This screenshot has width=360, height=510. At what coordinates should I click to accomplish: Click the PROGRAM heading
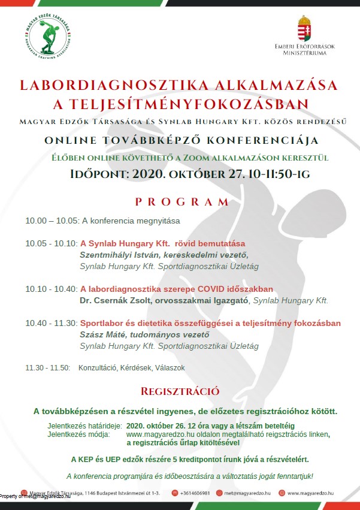coord(182,202)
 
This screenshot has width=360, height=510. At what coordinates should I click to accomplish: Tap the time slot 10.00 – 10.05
coord(52,221)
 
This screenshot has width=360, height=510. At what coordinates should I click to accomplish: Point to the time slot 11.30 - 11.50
coord(47,367)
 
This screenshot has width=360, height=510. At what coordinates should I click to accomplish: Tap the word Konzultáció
coord(99,367)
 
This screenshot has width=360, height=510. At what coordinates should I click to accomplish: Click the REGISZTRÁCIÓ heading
coord(180,392)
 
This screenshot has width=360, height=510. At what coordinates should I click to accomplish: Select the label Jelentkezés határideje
coord(84,425)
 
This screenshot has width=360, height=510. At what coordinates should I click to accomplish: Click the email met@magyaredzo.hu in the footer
coord(248,493)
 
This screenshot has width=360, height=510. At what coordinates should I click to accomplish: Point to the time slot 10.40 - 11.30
coord(52,323)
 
